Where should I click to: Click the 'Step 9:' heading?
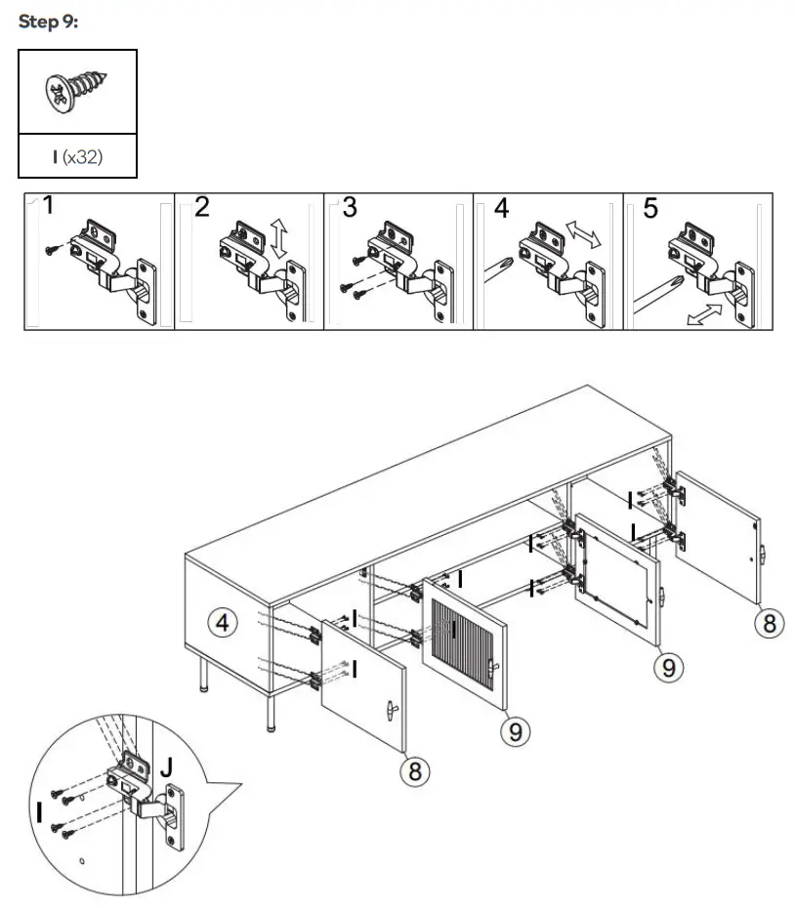(x=48, y=22)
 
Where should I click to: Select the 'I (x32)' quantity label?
(x=77, y=156)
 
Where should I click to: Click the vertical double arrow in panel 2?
(x=279, y=238)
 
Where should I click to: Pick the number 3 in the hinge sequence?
(x=350, y=208)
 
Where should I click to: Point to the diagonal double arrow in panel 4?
(x=584, y=233)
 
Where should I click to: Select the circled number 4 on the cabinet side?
(x=225, y=622)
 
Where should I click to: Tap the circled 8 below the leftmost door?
(x=415, y=771)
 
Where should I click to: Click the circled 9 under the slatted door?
(x=516, y=730)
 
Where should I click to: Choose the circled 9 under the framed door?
(x=668, y=667)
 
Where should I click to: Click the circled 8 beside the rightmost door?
(x=770, y=622)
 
